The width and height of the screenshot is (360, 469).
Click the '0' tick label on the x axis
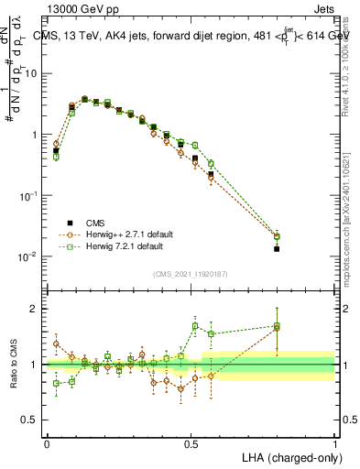(47, 442)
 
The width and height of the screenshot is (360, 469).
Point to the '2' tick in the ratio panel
(37, 309)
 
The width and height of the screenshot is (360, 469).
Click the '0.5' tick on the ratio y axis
(33, 420)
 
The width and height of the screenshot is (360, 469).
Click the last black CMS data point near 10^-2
(277, 248)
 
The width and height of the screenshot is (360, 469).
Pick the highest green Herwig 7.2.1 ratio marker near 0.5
(195, 326)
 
